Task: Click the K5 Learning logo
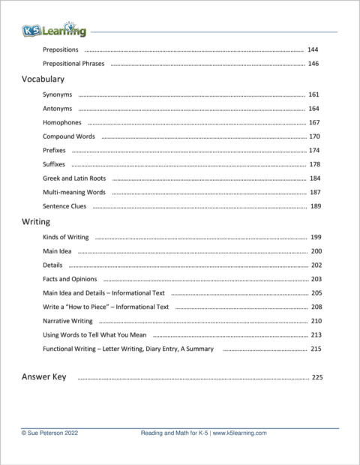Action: coord(53,30)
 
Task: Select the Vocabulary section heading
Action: coord(43,79)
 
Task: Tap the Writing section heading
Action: coord(36,222)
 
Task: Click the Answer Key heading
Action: coord(43,376)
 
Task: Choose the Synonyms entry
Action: coord(58,95)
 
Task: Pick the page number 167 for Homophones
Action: coord(314,123)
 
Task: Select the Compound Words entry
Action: coord(69,136)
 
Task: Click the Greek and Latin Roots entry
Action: coord(74,178)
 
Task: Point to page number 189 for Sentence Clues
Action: coord(315,206)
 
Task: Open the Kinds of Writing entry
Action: coord(66,237)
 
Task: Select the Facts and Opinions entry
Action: coord(69,279)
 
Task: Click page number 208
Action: coord(316,307)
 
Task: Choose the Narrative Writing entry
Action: coord(68,321)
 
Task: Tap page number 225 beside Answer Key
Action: coord(316,377)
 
